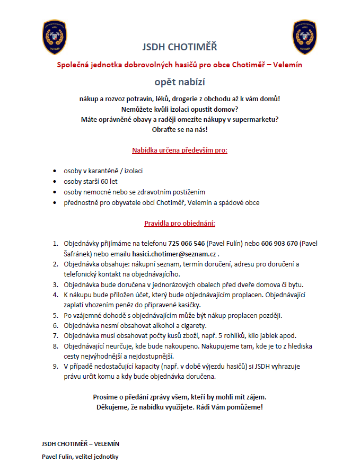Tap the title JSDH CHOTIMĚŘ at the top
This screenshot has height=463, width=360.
pos(180,47)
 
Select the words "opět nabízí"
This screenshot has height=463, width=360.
pos(180,82)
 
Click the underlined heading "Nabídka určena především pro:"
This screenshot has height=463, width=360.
pos(180,150)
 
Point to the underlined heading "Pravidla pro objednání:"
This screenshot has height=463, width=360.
pos(180,223)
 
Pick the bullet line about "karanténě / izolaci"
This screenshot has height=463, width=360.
pos(103,171)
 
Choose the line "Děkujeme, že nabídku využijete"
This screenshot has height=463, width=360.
pos(180,407)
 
